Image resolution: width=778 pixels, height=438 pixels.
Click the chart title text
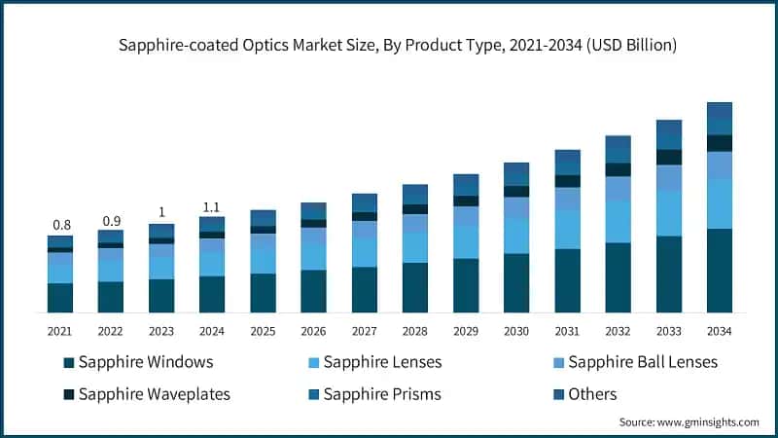click(389, 46)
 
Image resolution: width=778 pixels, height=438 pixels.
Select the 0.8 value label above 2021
click(60, 224)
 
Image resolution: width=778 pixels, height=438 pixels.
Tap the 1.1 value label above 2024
click(212, 206)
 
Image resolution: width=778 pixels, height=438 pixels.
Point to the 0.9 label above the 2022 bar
click(111, 220)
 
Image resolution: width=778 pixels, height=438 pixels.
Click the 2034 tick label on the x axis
click(719, 331)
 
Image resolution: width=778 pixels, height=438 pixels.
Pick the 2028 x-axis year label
click(415, 331)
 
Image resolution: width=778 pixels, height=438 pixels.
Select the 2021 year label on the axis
click(60, 331)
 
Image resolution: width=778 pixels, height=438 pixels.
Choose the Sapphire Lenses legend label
click(380, 362)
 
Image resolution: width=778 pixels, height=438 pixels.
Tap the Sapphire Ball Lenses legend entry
click(642, 362)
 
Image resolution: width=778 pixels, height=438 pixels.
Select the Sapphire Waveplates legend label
click(157, 394)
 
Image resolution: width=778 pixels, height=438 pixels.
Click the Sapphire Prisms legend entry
click(380, 394)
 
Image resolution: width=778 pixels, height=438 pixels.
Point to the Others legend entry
click(591, 394)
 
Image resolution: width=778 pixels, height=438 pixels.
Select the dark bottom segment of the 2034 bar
click(719, 271)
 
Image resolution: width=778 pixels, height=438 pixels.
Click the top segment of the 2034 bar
click(719, 118)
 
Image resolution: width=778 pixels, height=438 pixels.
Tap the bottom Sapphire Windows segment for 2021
click(60, 298)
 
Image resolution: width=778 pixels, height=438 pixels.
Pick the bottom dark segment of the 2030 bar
click(516, 283)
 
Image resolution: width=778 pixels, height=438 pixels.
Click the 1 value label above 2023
click(161, 213)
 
